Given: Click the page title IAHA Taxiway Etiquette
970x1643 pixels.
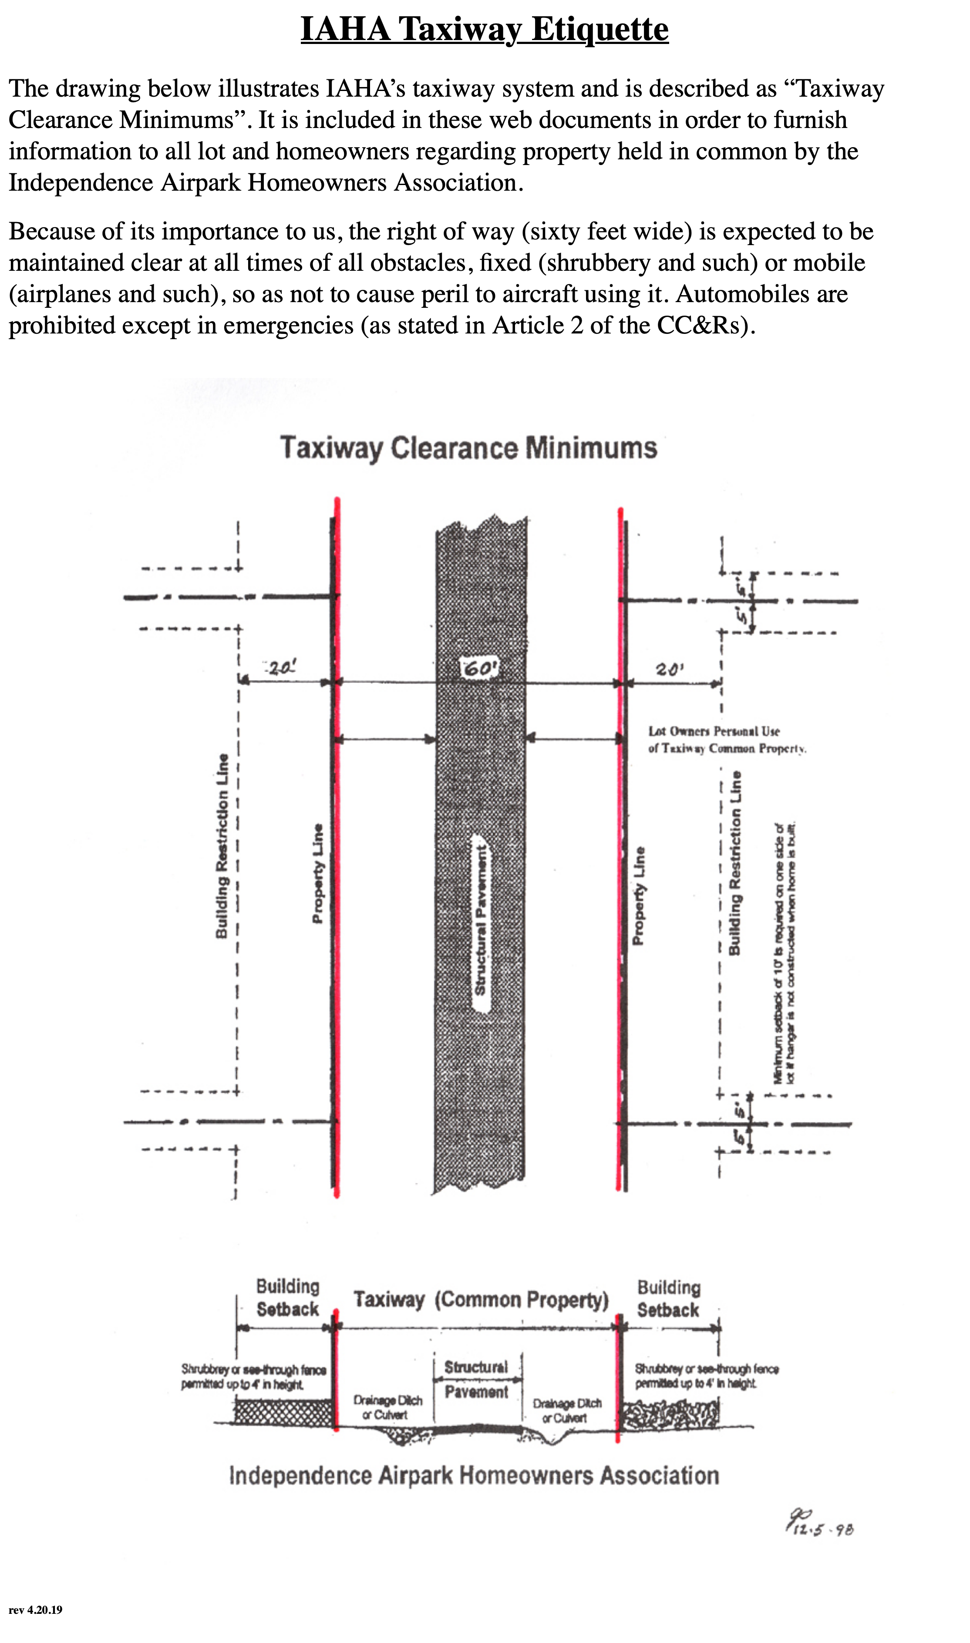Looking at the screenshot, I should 484,30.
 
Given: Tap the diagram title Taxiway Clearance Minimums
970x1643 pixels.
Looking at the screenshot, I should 468,448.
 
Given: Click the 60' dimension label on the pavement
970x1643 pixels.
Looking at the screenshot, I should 480,669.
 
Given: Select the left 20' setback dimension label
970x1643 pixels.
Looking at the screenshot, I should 281,667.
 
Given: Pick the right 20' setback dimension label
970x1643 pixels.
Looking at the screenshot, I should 669,669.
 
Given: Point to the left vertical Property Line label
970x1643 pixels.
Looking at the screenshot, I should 318,873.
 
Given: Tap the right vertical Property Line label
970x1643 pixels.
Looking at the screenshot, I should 639,896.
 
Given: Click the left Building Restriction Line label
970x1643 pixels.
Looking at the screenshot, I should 222,846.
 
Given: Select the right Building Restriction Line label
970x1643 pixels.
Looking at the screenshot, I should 735,863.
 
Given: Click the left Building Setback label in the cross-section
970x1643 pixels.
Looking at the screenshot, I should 288,1298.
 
